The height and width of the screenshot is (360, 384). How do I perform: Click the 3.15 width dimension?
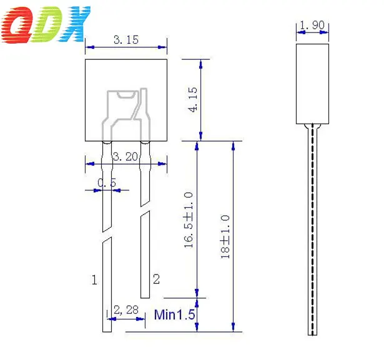pos(126,40)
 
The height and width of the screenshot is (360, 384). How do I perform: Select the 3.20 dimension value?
pos(126,157)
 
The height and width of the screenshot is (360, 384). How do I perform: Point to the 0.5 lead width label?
pos(107,183)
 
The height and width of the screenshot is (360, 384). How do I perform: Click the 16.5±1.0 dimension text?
pos(189,220)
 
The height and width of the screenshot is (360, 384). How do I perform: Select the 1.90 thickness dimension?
pos(311,26)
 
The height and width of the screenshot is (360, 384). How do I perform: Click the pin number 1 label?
pos(94,280)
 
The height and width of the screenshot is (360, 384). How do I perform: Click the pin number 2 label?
pos(156,279)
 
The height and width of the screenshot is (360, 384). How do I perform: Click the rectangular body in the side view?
pos(312,82)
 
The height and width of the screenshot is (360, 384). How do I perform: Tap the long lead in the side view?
pos(312,231)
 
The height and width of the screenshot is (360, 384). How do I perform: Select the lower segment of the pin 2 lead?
pos(145,256)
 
